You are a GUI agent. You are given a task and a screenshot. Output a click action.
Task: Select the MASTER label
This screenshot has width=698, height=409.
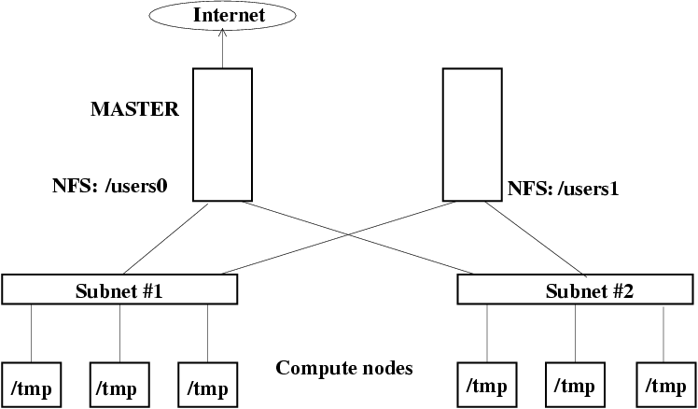click(x=134, y=109)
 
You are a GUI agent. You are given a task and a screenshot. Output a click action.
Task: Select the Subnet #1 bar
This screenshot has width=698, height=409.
click(x=119, y=289)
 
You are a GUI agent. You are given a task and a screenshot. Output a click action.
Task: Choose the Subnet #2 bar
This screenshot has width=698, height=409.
click(x=575, y=289)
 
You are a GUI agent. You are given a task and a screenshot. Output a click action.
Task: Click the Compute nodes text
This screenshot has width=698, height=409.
click(x=344, y=367)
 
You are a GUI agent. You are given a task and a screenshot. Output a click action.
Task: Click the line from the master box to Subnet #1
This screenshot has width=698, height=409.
click(x=173, y=239)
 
